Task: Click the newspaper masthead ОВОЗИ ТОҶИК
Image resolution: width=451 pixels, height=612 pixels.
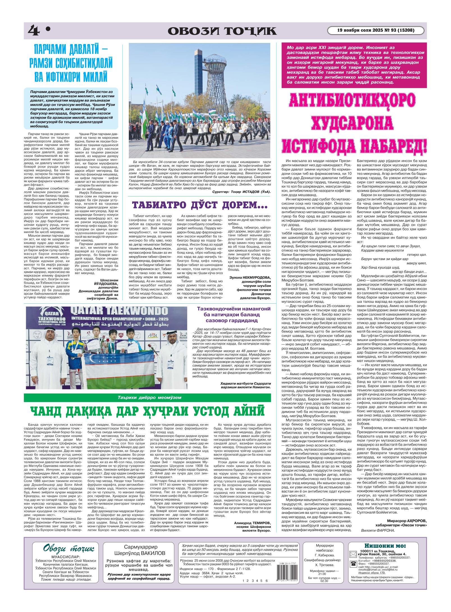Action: pos(222,31)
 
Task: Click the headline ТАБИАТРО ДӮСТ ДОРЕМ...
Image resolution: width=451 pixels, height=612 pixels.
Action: pos(200,205)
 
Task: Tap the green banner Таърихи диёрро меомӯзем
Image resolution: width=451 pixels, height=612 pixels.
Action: pos(147,398)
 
